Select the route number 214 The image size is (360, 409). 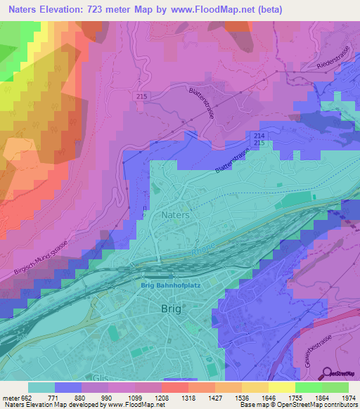click(259, 134)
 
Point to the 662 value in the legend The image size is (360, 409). click(26, 397)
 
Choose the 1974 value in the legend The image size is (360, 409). click(340, 397)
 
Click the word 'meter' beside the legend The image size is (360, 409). click(9, 397)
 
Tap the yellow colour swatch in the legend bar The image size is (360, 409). click(282, 387)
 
